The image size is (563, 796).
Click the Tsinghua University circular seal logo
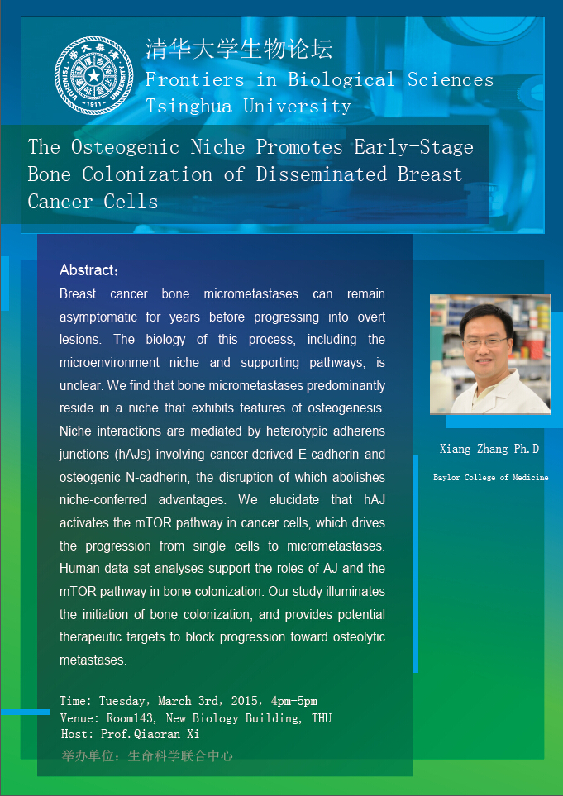93,76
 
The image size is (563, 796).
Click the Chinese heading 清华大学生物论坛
239,50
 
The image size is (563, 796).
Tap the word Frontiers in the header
195,80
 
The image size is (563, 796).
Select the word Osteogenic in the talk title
125,147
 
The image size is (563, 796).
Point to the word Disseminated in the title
321,174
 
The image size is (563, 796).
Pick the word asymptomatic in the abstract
95,317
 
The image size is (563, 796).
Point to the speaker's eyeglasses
485,343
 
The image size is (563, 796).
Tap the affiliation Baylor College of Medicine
491,478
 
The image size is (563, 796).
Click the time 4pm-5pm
294,702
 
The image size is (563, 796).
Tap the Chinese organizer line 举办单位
146,755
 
